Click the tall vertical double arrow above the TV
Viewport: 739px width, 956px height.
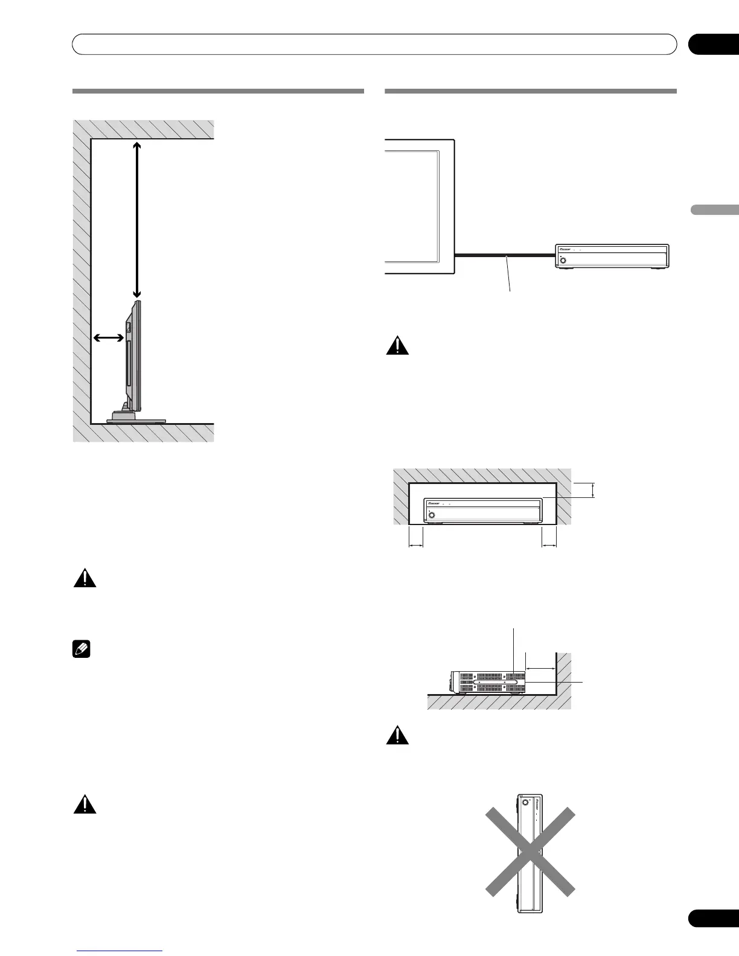137,220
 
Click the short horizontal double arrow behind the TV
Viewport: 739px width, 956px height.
109,340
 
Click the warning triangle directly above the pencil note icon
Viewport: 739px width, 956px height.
85,579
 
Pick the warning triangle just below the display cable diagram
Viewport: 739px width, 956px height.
397,346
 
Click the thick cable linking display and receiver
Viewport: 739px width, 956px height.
505,256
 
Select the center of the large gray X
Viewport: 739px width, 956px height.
530,852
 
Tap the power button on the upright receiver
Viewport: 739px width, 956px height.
525,803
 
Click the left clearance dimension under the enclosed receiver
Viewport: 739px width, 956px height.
416,546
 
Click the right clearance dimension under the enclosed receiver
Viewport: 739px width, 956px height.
549,546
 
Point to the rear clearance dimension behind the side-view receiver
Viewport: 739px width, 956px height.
540,668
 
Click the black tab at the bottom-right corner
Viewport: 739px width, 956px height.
713,934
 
